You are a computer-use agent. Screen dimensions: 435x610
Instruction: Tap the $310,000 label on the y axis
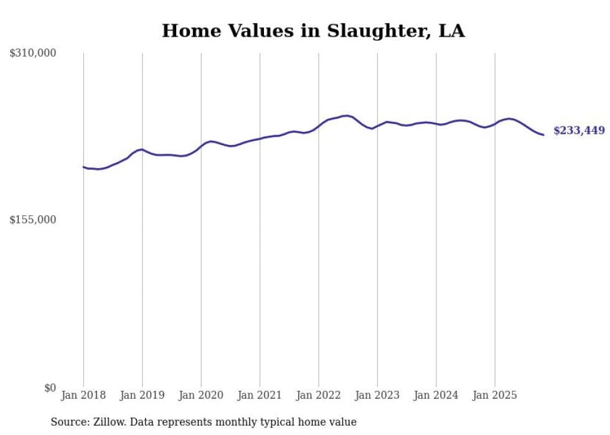click(33, 54)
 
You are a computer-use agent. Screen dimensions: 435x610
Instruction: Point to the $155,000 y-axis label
click(33, 220)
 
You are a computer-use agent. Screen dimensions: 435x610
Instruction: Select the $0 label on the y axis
click(50, 388)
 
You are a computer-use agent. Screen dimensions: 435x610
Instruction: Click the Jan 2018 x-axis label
click(83, 395)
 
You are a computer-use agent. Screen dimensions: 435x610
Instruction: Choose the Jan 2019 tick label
click(142, 395)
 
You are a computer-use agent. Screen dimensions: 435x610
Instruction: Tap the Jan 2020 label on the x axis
click(201, 395)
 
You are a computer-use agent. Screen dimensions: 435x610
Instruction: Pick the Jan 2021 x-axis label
click(260, 395)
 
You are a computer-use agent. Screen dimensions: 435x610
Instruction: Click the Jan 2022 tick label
click(319, 395)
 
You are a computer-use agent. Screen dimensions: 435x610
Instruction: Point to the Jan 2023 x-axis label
click(377, 395)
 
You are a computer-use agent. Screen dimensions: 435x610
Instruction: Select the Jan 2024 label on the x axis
click(436, 395)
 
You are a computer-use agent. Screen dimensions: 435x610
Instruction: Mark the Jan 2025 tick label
click(495, 395)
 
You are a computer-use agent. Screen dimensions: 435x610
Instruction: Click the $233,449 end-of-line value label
click(579, 131)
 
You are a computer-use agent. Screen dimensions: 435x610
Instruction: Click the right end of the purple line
click(543, 134)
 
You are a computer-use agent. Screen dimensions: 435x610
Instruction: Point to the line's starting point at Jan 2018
click(83, 167)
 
